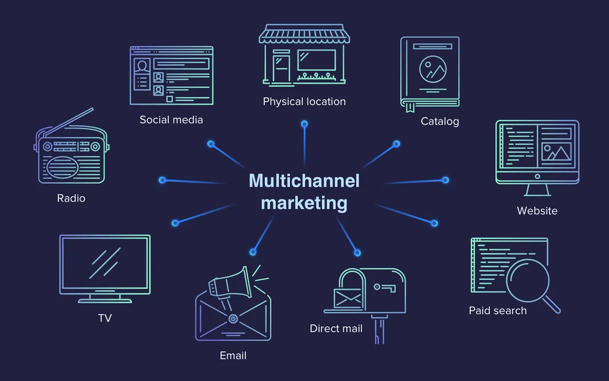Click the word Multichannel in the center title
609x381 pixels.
click(x=304, y=181)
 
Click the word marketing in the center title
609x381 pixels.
click(x=304, y=203)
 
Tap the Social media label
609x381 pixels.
click(x=171, y=120)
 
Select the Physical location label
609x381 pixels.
click(x=304, y=102)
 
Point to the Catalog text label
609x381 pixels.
click(x=439, y=121)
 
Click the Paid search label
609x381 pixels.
click(x=498, y=311)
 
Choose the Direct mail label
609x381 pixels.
click(x=336, y=328)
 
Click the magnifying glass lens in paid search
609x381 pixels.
click(x=529, y=280)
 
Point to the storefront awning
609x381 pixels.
click(x=304, y=35)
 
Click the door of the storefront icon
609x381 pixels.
click(x=281, y=67)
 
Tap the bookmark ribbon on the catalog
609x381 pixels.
click(x=409, y=107)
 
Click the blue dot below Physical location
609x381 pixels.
click(x=304, y=124)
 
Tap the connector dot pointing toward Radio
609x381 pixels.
click(x=162, y=180)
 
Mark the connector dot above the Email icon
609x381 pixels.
click(x=253, y=251)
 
